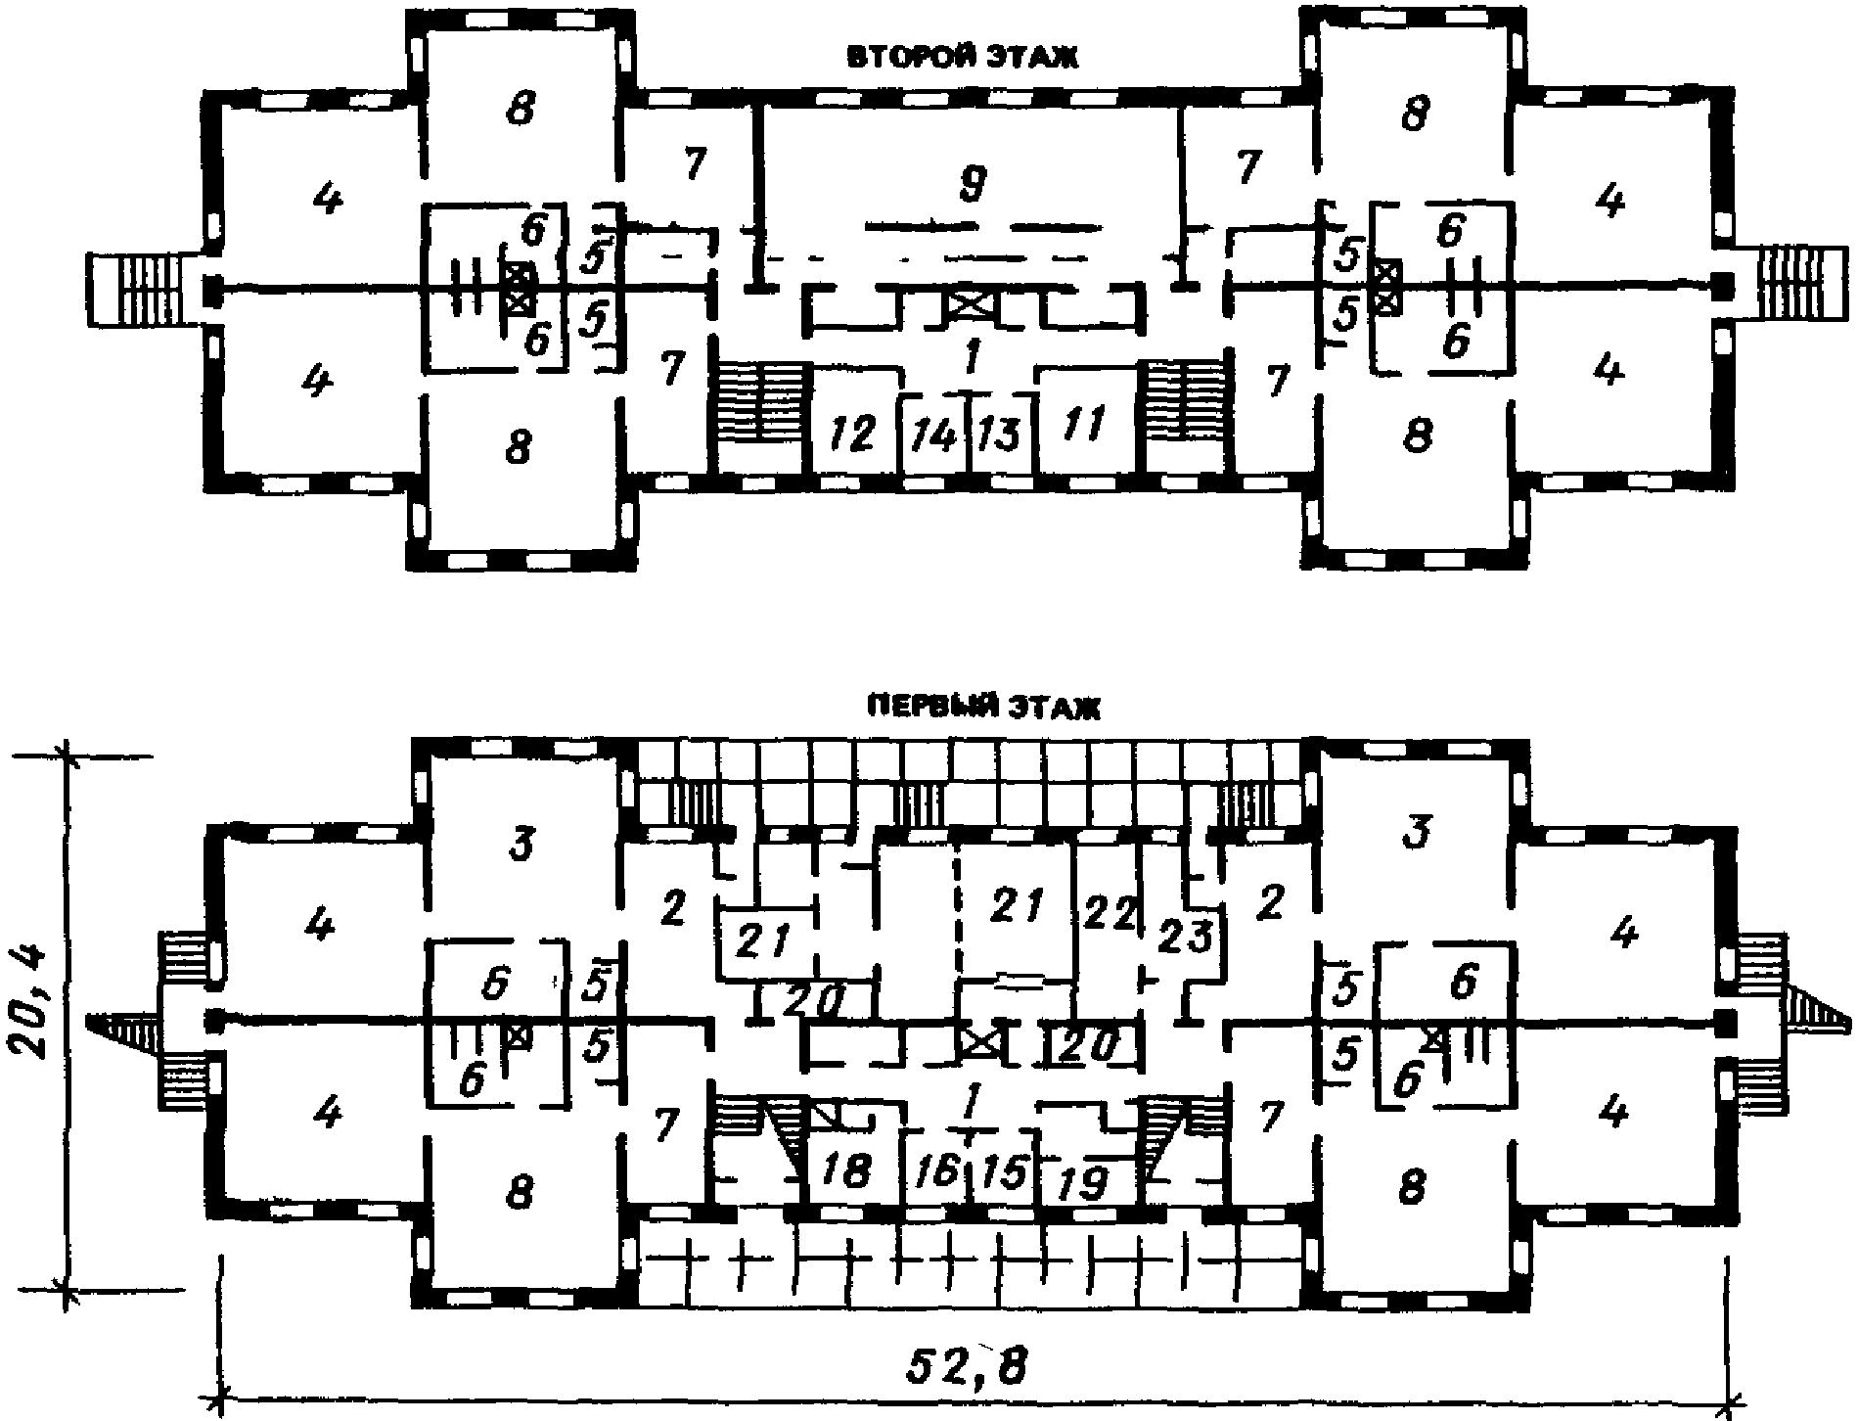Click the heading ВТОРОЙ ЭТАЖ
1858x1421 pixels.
[x=962, y=59]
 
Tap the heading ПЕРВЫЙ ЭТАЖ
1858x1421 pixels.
[x=983, y=708]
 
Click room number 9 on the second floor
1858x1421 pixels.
[x=972, y=183]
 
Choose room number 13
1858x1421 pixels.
[x=1000, y=435]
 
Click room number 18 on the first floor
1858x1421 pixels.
[x=847, y=1170]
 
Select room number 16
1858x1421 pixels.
[x=936, y=1170]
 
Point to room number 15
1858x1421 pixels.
[x=1001, y=1170]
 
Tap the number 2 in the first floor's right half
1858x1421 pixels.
[x=1269, y=903]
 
